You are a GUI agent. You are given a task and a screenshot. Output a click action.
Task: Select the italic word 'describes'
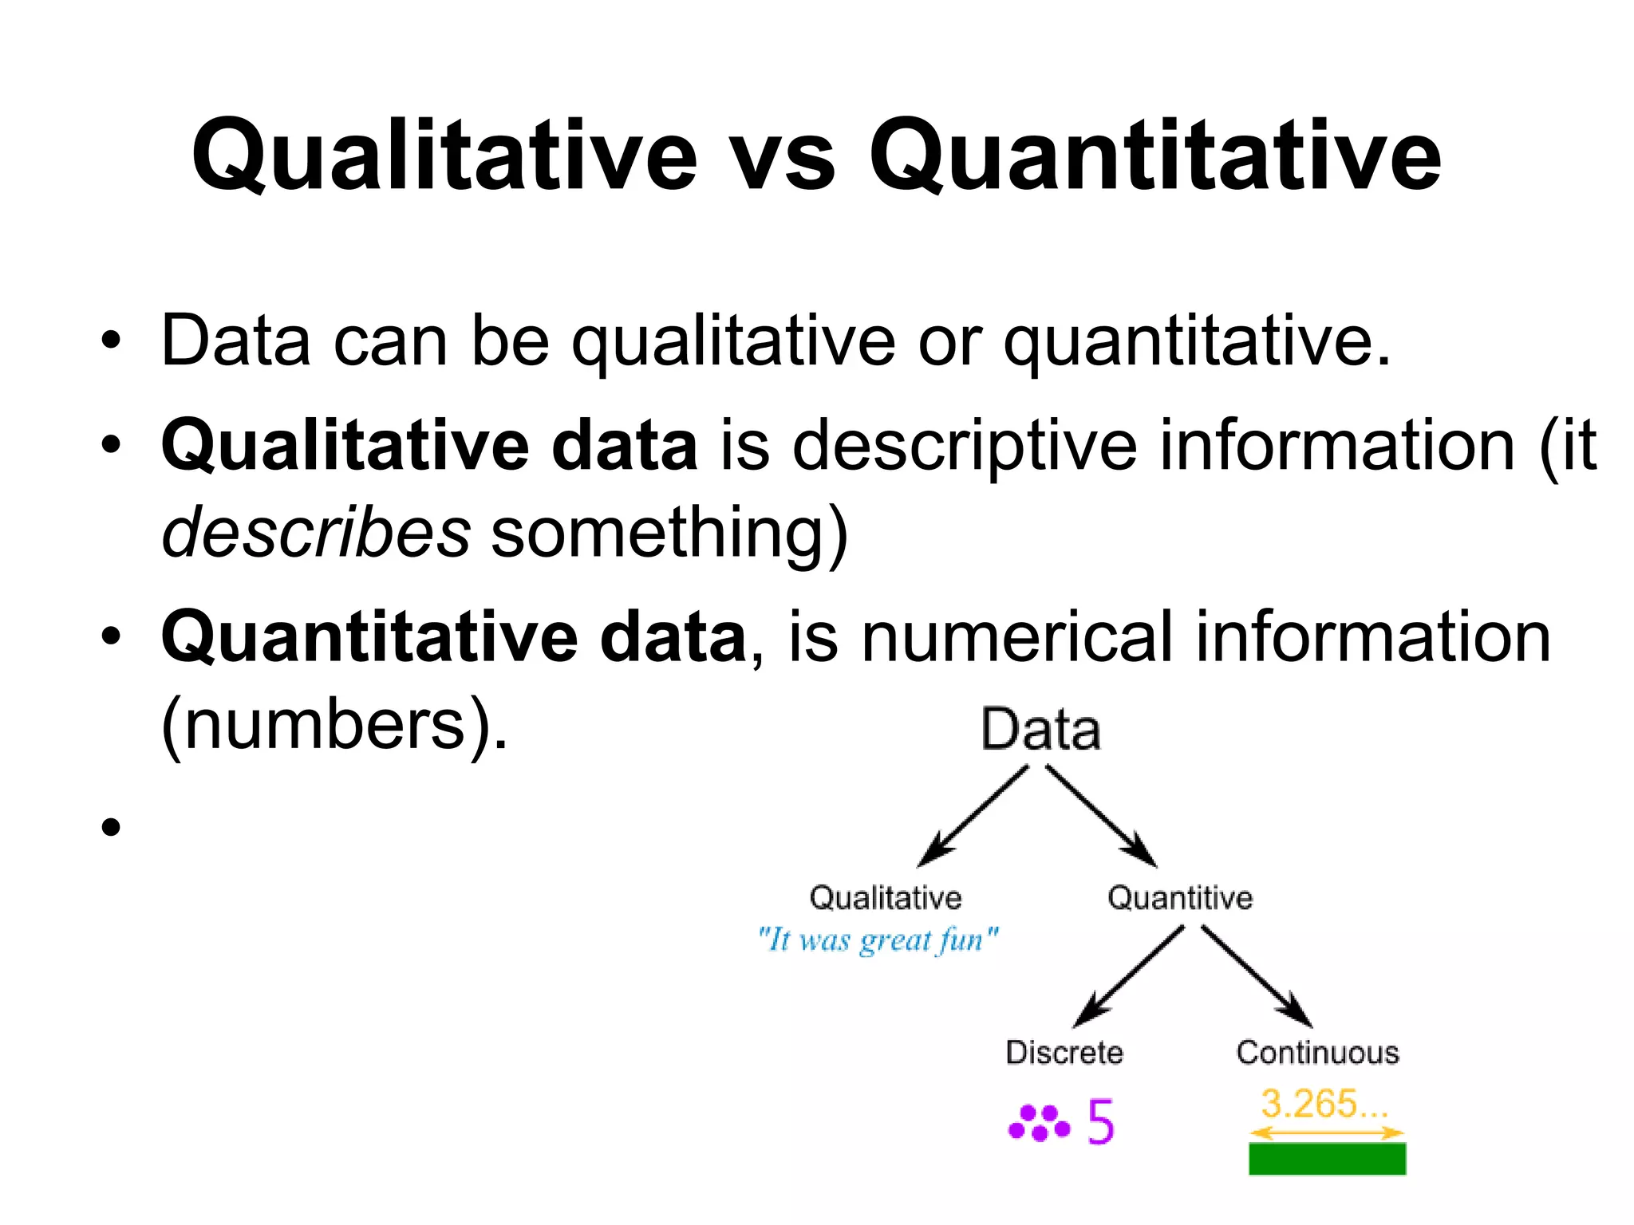pyautogui.click(x=316, y=533)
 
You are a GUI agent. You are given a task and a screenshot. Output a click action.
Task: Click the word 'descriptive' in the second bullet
pyautogui.click(x=965, y=447)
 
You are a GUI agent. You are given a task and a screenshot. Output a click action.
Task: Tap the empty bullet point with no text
pyautogui.click(x=111, y=827)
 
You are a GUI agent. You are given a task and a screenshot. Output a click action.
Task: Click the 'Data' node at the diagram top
pyautogui.click(x=1040, y=730)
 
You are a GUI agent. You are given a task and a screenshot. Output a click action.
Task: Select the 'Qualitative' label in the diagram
pyautogui.click(x=886, y=898)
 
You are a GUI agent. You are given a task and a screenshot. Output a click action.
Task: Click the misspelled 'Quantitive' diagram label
pyautogui.click(x=1180, y=898)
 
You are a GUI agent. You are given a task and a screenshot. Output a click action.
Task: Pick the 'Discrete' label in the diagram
pyautogui.click(x=1064, y=1053)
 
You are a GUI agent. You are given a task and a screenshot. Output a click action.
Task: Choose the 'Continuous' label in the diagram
pyautogui.click(x=1318, y=1053)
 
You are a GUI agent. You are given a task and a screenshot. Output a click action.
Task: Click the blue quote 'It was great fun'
pyautogui.click(x=878, y=939)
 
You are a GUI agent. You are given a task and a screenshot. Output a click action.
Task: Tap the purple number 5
pyautogui.click(x=1100, y=1122)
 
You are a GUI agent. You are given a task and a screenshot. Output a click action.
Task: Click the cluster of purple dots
pyautogui.click(x=1039, y=1123)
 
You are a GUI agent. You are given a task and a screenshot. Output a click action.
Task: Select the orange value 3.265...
pyautogui.click(x=1324, y=1104)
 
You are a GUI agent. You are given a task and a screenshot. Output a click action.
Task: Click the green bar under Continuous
pyautogui.click(x=1327, y=1159)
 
